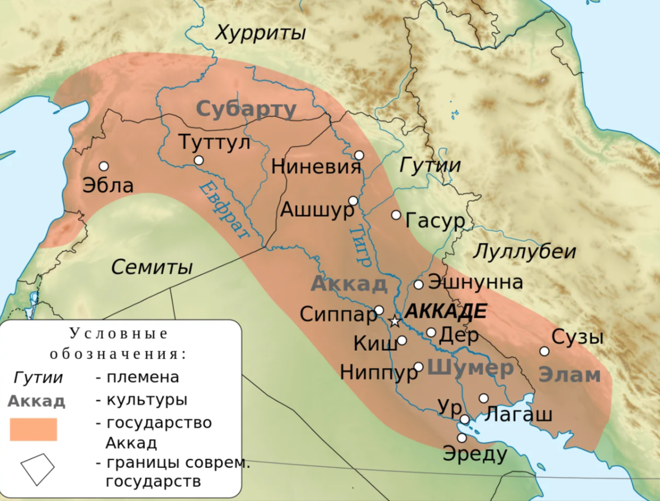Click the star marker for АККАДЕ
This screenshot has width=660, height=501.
click(x=394, y=321)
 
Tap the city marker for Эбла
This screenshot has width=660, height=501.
click(x=103, y=166)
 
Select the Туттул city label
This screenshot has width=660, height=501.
click(x=214, y=142)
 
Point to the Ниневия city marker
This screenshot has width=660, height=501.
click(x=359, y=155)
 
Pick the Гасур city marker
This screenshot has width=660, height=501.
click(x=396, y=214)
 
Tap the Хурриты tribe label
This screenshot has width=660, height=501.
click(x=261, y=33)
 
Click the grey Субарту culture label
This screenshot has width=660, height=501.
click(x=246, y=109)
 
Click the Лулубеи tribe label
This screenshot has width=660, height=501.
click(x=524, y=252)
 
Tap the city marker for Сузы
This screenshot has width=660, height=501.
click(x=544, y=351)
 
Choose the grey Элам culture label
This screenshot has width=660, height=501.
click(x=569, y=375)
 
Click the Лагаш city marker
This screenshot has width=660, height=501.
click(x=484, y=398)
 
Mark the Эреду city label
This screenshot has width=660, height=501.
click(x=475, y=454)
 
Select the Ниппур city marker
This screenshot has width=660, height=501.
click(x=418, y=366)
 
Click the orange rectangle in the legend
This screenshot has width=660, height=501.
click(x=34, y=430)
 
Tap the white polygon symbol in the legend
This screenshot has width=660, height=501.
click(x=37, y=468)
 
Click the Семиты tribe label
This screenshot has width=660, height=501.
click(x=152, y=267)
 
